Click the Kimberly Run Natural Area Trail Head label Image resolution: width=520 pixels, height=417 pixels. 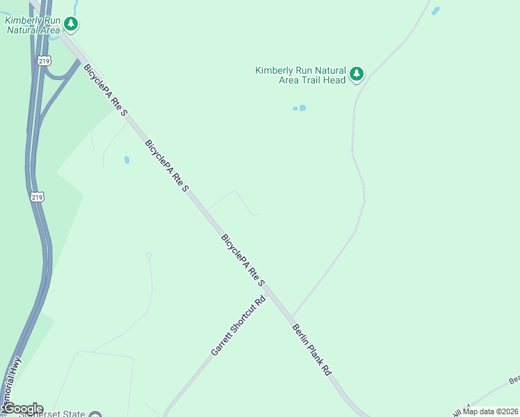300,75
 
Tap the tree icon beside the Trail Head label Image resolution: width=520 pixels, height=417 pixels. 357,74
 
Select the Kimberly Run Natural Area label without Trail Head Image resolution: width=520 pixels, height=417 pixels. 31,25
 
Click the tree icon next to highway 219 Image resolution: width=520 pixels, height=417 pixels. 70,24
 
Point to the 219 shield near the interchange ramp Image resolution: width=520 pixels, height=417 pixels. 44,60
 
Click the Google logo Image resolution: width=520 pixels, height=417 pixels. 23,409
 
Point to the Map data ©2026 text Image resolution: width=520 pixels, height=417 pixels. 490,411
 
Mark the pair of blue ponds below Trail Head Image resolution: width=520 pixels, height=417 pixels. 300,108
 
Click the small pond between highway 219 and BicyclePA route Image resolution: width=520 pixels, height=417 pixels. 127,160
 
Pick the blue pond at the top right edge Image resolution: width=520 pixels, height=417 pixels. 436,11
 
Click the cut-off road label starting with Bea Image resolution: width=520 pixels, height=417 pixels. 514,380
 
